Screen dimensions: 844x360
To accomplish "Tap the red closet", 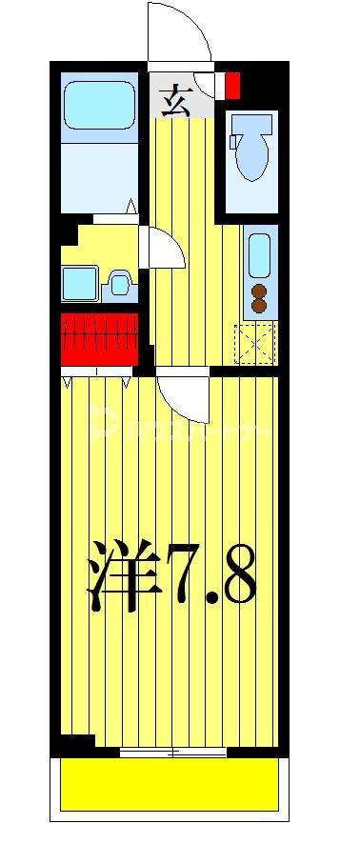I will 99,337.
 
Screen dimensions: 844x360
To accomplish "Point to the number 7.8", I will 211,576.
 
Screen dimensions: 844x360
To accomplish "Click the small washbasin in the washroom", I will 119,282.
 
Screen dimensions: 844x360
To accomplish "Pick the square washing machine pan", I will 79,283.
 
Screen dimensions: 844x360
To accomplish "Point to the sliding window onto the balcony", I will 173,753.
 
